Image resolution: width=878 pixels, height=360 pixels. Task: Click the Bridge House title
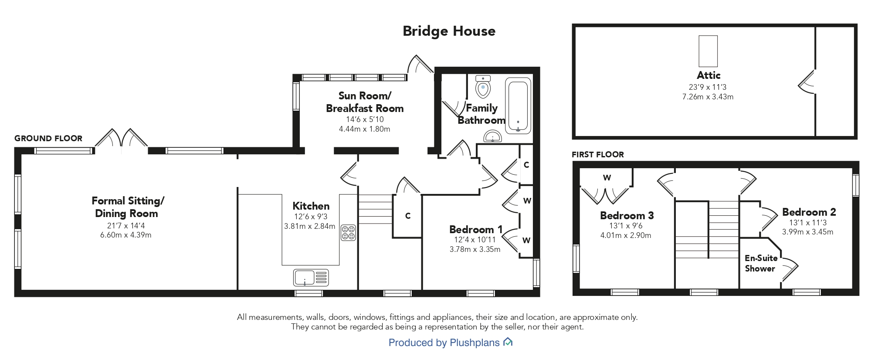[x=449, y=31]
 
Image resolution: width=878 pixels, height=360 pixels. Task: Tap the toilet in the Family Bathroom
[x=483, y=87]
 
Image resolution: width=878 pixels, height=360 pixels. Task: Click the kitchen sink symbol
[x=311, y=277]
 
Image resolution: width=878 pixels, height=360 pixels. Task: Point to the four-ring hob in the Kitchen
[x=348, y=232]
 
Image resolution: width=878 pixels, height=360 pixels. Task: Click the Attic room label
[x=709, y=75]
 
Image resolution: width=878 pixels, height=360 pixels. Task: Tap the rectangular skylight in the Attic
[x=708, y=51]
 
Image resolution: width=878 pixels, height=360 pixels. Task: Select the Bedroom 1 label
[x=476, y=229]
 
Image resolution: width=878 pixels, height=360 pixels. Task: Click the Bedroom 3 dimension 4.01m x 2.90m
[x=626, y=235]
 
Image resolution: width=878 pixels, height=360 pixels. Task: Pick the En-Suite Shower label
[x=761, y=263]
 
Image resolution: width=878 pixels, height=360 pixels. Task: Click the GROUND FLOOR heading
[x=48, y=139]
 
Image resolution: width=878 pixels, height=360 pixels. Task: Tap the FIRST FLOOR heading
[x=598, y=155]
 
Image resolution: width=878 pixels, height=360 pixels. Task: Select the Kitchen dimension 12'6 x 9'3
[x=311, y=217]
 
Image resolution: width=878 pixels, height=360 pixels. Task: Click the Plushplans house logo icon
[x=508, y=342]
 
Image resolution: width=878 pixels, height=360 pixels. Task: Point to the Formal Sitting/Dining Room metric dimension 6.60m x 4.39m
[x=126, y=235]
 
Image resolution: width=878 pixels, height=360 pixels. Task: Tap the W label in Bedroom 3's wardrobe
[x=607, y=177]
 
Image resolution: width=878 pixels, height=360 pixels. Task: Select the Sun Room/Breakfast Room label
[x=365, y=102]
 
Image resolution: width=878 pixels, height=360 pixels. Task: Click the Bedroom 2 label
[x=809, y=212]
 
